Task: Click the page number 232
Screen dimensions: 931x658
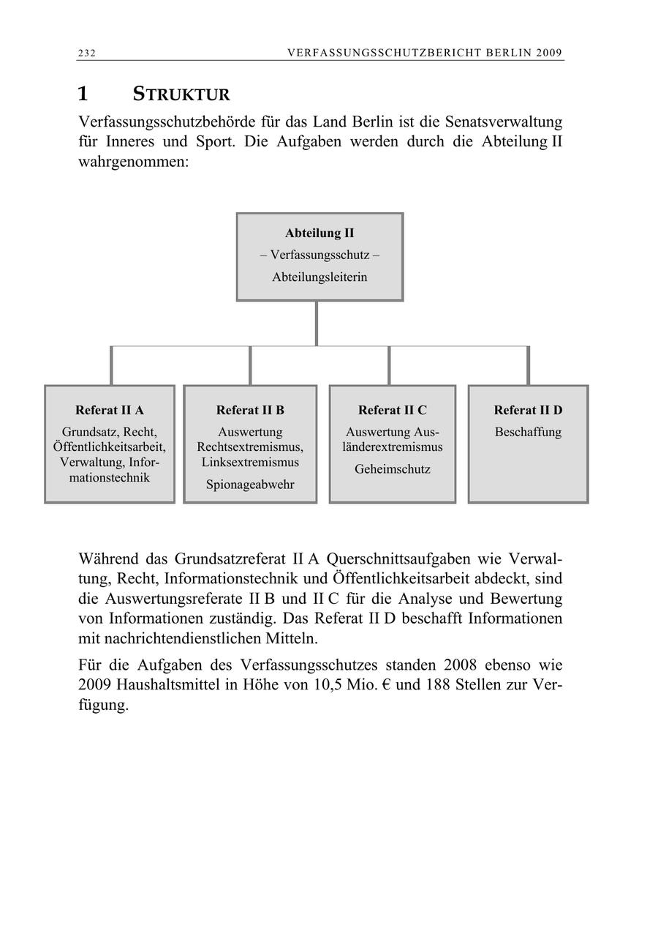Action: click(x=88, y=53)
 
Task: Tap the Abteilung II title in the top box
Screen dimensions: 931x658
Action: click(x=319, y=233)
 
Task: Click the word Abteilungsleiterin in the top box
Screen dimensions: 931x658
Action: click(x=319, y=277)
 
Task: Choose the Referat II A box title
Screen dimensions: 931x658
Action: click(x=110, y=410)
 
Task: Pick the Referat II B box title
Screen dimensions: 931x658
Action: click(x=250, y=410)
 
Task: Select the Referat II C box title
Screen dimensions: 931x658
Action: click(x=393, y=410)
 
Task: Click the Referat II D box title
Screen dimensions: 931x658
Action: click(x=528, y=410)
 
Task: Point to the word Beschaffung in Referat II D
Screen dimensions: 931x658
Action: click(x=528, y=432)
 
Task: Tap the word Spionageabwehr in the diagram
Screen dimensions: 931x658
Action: click(x=250, y=485)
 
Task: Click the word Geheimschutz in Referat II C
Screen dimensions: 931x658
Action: click(x=393, y=469)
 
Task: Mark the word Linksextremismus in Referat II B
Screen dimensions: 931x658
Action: click(x=250, y=463)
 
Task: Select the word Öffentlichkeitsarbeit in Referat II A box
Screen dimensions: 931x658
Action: click(x=110, y=447)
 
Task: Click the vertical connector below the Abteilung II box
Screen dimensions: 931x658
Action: click(x=317, y=323)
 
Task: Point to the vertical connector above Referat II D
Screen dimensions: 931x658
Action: click(x=528, y=365)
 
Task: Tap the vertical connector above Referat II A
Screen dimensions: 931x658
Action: click(x=111, y=365)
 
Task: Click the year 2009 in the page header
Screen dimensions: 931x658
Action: click(x=548, y=53)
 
